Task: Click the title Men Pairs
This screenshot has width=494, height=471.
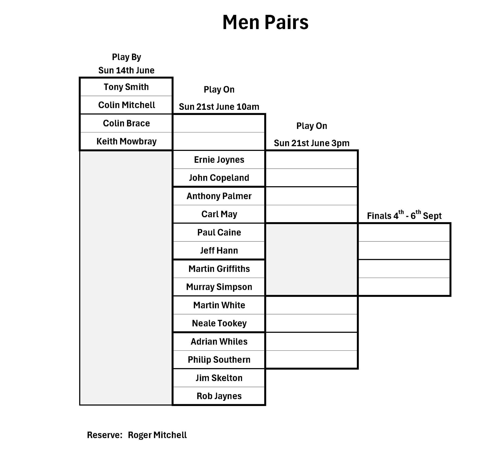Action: click(265, 22)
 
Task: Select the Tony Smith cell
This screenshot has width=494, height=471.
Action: click(126, 87)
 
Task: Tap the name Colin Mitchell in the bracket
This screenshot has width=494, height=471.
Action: click(126, 105)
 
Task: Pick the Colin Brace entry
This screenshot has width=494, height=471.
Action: click(126, 123)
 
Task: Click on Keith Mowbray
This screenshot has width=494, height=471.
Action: click(126, 141)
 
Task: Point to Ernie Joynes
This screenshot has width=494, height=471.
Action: click(219, 159)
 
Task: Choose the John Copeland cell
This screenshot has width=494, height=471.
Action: click(219, 178)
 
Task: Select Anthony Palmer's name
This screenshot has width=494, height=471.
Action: click(219, 196)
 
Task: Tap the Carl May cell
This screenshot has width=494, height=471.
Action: click(219, 214)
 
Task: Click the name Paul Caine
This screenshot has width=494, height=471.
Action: click(219, 232)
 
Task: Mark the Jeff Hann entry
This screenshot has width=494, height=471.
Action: click(219, 250)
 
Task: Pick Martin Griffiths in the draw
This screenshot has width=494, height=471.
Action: click(219, 269)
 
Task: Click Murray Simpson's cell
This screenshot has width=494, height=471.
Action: click(219, 287)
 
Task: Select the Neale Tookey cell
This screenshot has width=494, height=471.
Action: click(219, 323)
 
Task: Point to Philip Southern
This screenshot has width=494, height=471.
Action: click(219, 359)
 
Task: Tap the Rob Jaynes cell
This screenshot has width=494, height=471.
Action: click(219, 396)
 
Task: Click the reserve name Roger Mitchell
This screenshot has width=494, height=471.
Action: click(157, 435)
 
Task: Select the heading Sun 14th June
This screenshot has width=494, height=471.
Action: click(126, 70)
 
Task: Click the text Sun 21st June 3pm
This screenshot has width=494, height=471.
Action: click(312, 143)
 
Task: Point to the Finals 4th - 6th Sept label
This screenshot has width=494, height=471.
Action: click(404, 215)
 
